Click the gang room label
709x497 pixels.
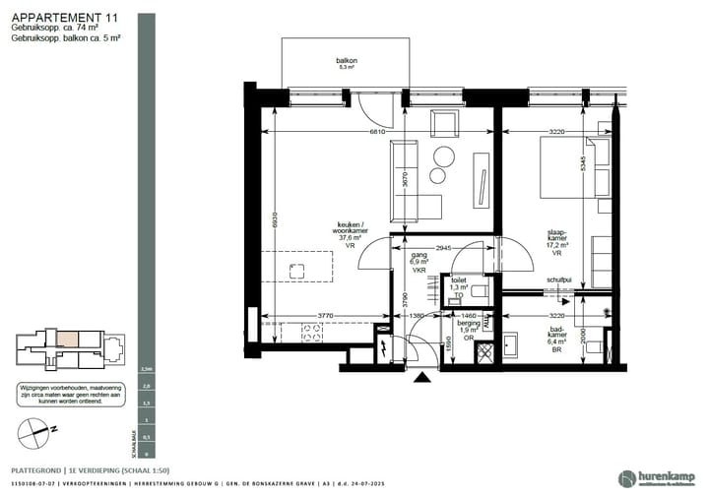(419, 260)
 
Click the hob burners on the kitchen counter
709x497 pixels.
(314, 335)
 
